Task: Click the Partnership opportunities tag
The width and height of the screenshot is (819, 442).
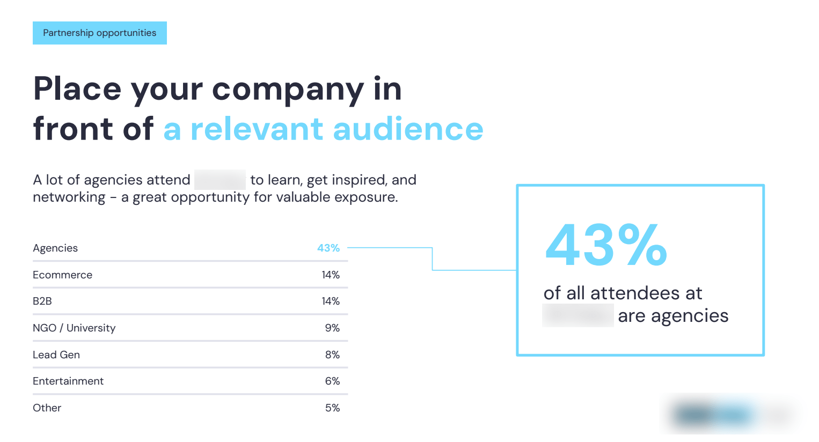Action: point(99,33)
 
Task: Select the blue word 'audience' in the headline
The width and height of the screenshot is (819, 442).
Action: point(408,129)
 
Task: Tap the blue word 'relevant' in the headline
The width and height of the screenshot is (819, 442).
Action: point(257,129)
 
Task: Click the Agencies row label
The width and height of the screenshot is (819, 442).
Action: point(55,248)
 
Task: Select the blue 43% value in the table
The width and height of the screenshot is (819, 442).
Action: point(328,248)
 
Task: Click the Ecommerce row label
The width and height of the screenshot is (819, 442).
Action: point(62,275)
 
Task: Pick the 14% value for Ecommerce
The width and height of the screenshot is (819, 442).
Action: point(331,275)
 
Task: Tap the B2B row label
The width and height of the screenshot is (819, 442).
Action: point(42,301)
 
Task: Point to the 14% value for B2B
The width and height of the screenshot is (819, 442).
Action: point(331,301)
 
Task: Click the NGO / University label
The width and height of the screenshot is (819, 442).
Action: point(74,328)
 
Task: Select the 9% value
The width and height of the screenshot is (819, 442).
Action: point(332,328)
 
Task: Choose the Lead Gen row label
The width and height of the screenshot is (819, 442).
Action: point(56,355)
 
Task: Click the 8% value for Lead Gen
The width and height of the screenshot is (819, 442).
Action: point(332,355)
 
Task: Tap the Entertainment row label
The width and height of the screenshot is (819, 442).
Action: point(68,381)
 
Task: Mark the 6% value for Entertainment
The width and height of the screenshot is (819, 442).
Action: point(332,381)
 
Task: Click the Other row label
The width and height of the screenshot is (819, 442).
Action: point(47,408)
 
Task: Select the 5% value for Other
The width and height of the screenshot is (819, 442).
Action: point(332,408)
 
